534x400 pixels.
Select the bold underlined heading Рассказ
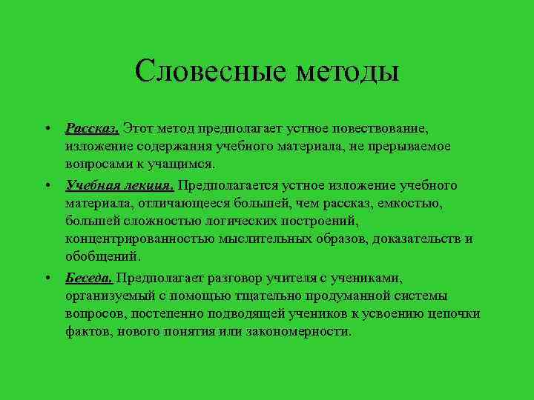92,128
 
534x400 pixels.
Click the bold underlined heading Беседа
89,278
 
